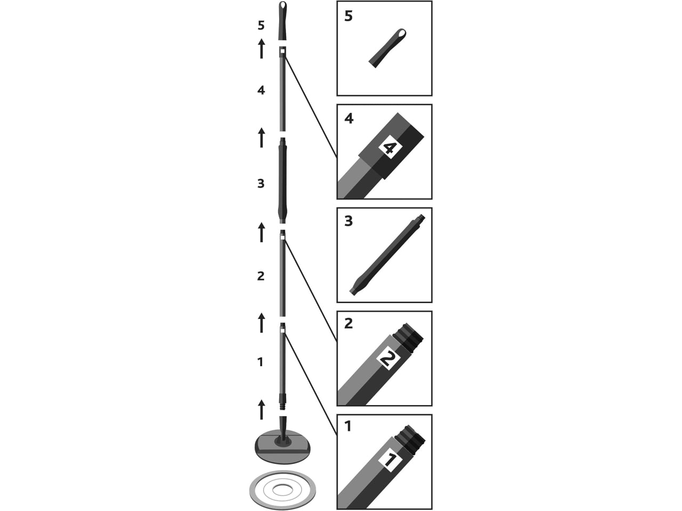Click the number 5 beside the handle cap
261,26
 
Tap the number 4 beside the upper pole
261,90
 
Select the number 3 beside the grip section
261,184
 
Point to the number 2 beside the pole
261,276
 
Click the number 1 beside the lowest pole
261,362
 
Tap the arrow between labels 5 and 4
262,49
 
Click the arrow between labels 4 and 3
262,138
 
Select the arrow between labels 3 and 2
262,233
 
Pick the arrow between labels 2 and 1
262,323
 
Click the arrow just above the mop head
262,410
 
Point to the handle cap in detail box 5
387,48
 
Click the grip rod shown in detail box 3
387,255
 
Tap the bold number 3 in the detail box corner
348,221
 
